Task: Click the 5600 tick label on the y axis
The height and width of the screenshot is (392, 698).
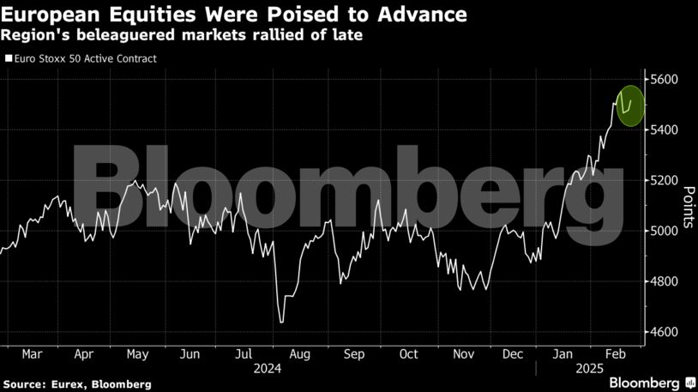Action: (x=665, y=80)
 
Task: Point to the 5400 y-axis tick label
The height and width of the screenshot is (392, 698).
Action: (x=665, y=130)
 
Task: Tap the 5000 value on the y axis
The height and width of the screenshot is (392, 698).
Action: (x=665, y=231)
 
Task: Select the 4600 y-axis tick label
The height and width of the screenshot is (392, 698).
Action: (x=665, y=332)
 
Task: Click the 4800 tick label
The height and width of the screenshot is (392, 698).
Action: (x=665, y=281)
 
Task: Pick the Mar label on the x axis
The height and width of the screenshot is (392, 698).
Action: (x=33, y=353)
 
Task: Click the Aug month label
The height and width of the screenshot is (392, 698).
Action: (x=300, y=353)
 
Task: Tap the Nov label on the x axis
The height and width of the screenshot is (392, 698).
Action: (x=464, y=353)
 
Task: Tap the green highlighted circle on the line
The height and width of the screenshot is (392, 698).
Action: (x=630, y=106)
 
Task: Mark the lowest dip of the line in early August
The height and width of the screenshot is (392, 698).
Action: (x=281, y=323)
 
